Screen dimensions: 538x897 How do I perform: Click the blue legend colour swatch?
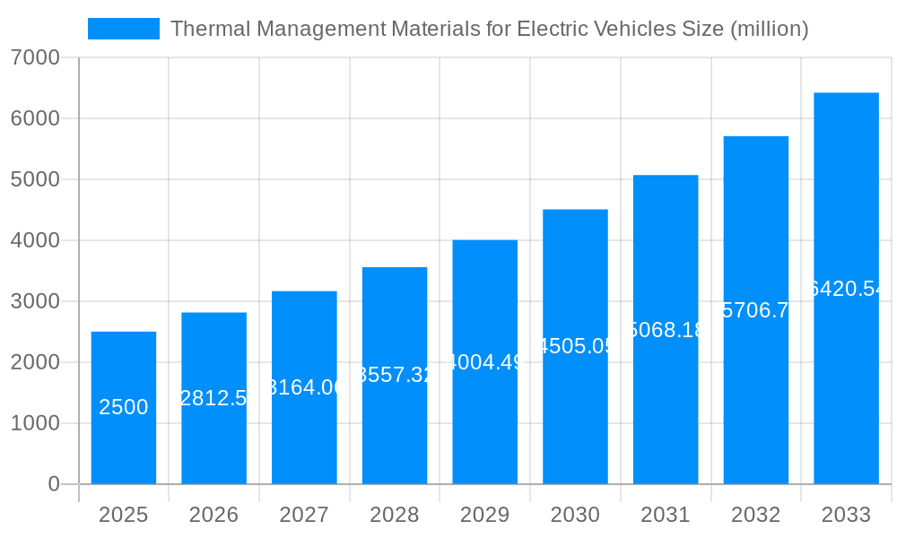(x=124, y=29)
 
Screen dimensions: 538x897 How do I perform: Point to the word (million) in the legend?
(x=770, y=29)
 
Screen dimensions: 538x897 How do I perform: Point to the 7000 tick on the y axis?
(x=35, y=58)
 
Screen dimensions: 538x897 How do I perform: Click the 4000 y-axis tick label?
(x=35, y=241)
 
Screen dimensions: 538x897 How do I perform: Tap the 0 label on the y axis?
(x=53, y=484)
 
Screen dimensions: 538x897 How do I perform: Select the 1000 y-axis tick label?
(x=35, y=423)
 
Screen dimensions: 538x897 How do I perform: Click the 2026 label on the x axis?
(x=213, y=515)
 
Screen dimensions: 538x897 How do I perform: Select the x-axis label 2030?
(x=575, y=515)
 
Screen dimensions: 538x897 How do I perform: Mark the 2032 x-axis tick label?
(x=755, y=515)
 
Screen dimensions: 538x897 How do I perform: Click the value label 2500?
(x=124, y=407)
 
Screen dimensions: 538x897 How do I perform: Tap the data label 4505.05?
(x=575, y=346)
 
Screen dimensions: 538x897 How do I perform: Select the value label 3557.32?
(x=395, y=375)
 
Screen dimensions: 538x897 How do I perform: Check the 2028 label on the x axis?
(x=395, y=515)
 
